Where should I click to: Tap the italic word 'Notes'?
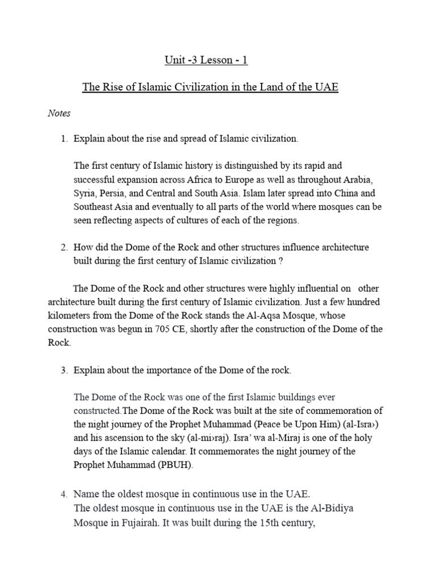click(x=59, y=113)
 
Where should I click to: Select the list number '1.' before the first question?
click(x=65, y=139)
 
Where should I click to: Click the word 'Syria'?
click(x=85, y=193)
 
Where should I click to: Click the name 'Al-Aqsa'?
click(x=263, y=316)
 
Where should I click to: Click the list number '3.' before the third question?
click(x=65, y=371)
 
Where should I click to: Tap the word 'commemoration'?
click(x=330, y=410)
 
